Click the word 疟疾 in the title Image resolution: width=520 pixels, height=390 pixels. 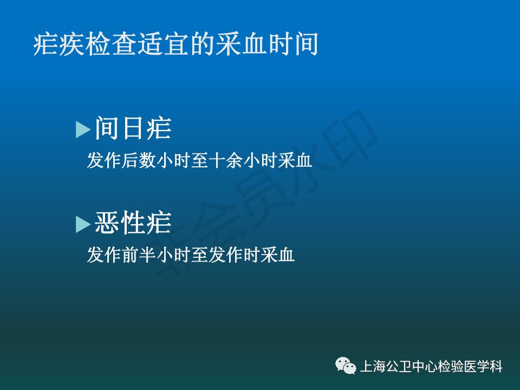(x=59, y=44)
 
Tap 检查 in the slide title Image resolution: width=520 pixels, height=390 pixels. (x=110, y=44)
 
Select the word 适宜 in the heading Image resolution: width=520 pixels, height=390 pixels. (x=162, y=44)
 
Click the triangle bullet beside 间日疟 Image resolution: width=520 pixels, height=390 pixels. (x=82, y=129)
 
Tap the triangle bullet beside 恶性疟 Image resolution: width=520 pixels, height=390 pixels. (x=82, y=224)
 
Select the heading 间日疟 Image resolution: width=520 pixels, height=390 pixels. (x=133, y=128)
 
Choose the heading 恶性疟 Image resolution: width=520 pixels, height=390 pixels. (x=133, y=223)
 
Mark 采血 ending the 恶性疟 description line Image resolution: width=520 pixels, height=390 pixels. (x=277, y=255)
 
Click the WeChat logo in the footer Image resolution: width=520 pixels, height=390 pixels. (x=346, y=366)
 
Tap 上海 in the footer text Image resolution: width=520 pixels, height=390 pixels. (x=373, y=367)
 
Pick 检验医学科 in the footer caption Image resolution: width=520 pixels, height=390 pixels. (x=470, y=367)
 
